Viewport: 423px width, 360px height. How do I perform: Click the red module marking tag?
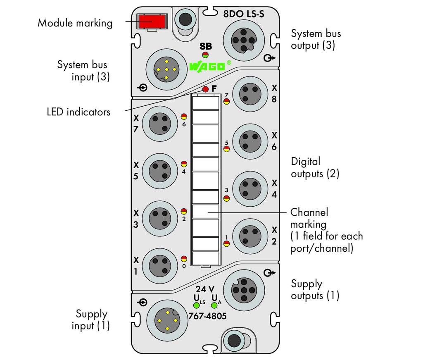(x=152, y=21)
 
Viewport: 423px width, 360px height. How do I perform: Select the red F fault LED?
(x=205, y=89)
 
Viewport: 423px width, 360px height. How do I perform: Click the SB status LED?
(x=205, y=55)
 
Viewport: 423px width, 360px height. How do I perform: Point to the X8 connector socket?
(x=250, y=94)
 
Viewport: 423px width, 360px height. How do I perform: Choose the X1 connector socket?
(x=160, y=266)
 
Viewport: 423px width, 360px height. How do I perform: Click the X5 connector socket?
(x=160, y=171)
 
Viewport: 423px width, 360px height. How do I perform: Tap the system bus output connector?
(x=244, y=41)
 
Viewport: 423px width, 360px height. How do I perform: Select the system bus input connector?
(x=166, y=69)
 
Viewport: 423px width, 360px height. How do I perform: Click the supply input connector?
(x=167, y=321)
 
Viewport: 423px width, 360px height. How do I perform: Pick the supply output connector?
(x=244, y=291)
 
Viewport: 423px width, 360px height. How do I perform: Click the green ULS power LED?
(x=196, y=305)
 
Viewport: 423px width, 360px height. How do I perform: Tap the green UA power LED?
(x=214, y=305)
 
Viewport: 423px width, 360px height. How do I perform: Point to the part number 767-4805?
(x=207, y=316)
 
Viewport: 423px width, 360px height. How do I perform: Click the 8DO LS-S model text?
(x=244, y=14)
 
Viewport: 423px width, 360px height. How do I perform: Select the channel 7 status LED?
(x=227, y=101)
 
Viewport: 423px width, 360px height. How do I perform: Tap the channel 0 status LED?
(x=184, y=259)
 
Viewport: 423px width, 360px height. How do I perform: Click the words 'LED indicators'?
(x=78, y=112)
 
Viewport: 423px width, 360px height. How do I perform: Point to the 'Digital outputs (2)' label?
(x=315, y=167)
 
